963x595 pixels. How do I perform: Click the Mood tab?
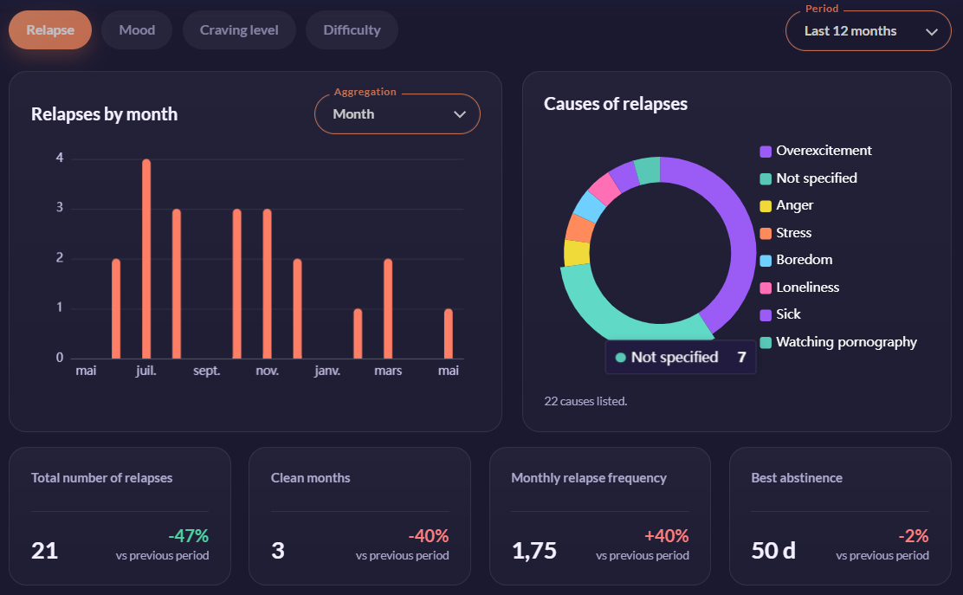137,30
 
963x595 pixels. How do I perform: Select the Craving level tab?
239,30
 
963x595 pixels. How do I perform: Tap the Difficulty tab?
352,30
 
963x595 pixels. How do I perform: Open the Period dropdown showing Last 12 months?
869,30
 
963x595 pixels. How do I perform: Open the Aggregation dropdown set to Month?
397,113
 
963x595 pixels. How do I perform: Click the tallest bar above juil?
146,258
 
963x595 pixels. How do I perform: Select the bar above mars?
388,308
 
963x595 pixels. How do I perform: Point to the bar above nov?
267,284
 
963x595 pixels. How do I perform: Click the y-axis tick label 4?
60,158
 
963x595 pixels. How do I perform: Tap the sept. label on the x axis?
206,371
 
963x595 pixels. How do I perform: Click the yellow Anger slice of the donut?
577,252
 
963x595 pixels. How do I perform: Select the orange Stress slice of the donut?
579,228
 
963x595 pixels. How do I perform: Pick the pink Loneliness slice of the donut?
605,189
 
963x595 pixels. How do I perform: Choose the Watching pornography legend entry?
838,342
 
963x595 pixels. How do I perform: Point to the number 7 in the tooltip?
742,358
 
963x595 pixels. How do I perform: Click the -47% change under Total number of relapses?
189,536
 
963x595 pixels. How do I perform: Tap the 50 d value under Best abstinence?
773,551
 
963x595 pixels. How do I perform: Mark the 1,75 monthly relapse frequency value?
534,551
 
